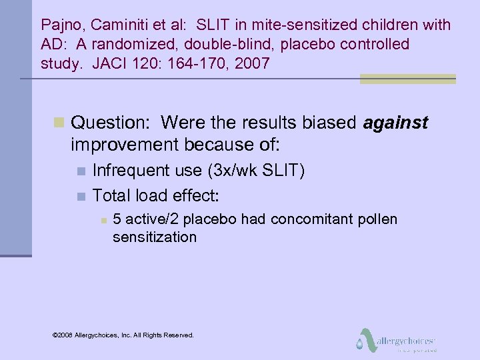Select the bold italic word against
(395, 123)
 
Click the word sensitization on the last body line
(155, 237)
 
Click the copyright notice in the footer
(123, 335)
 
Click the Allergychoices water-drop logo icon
(363, 339)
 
